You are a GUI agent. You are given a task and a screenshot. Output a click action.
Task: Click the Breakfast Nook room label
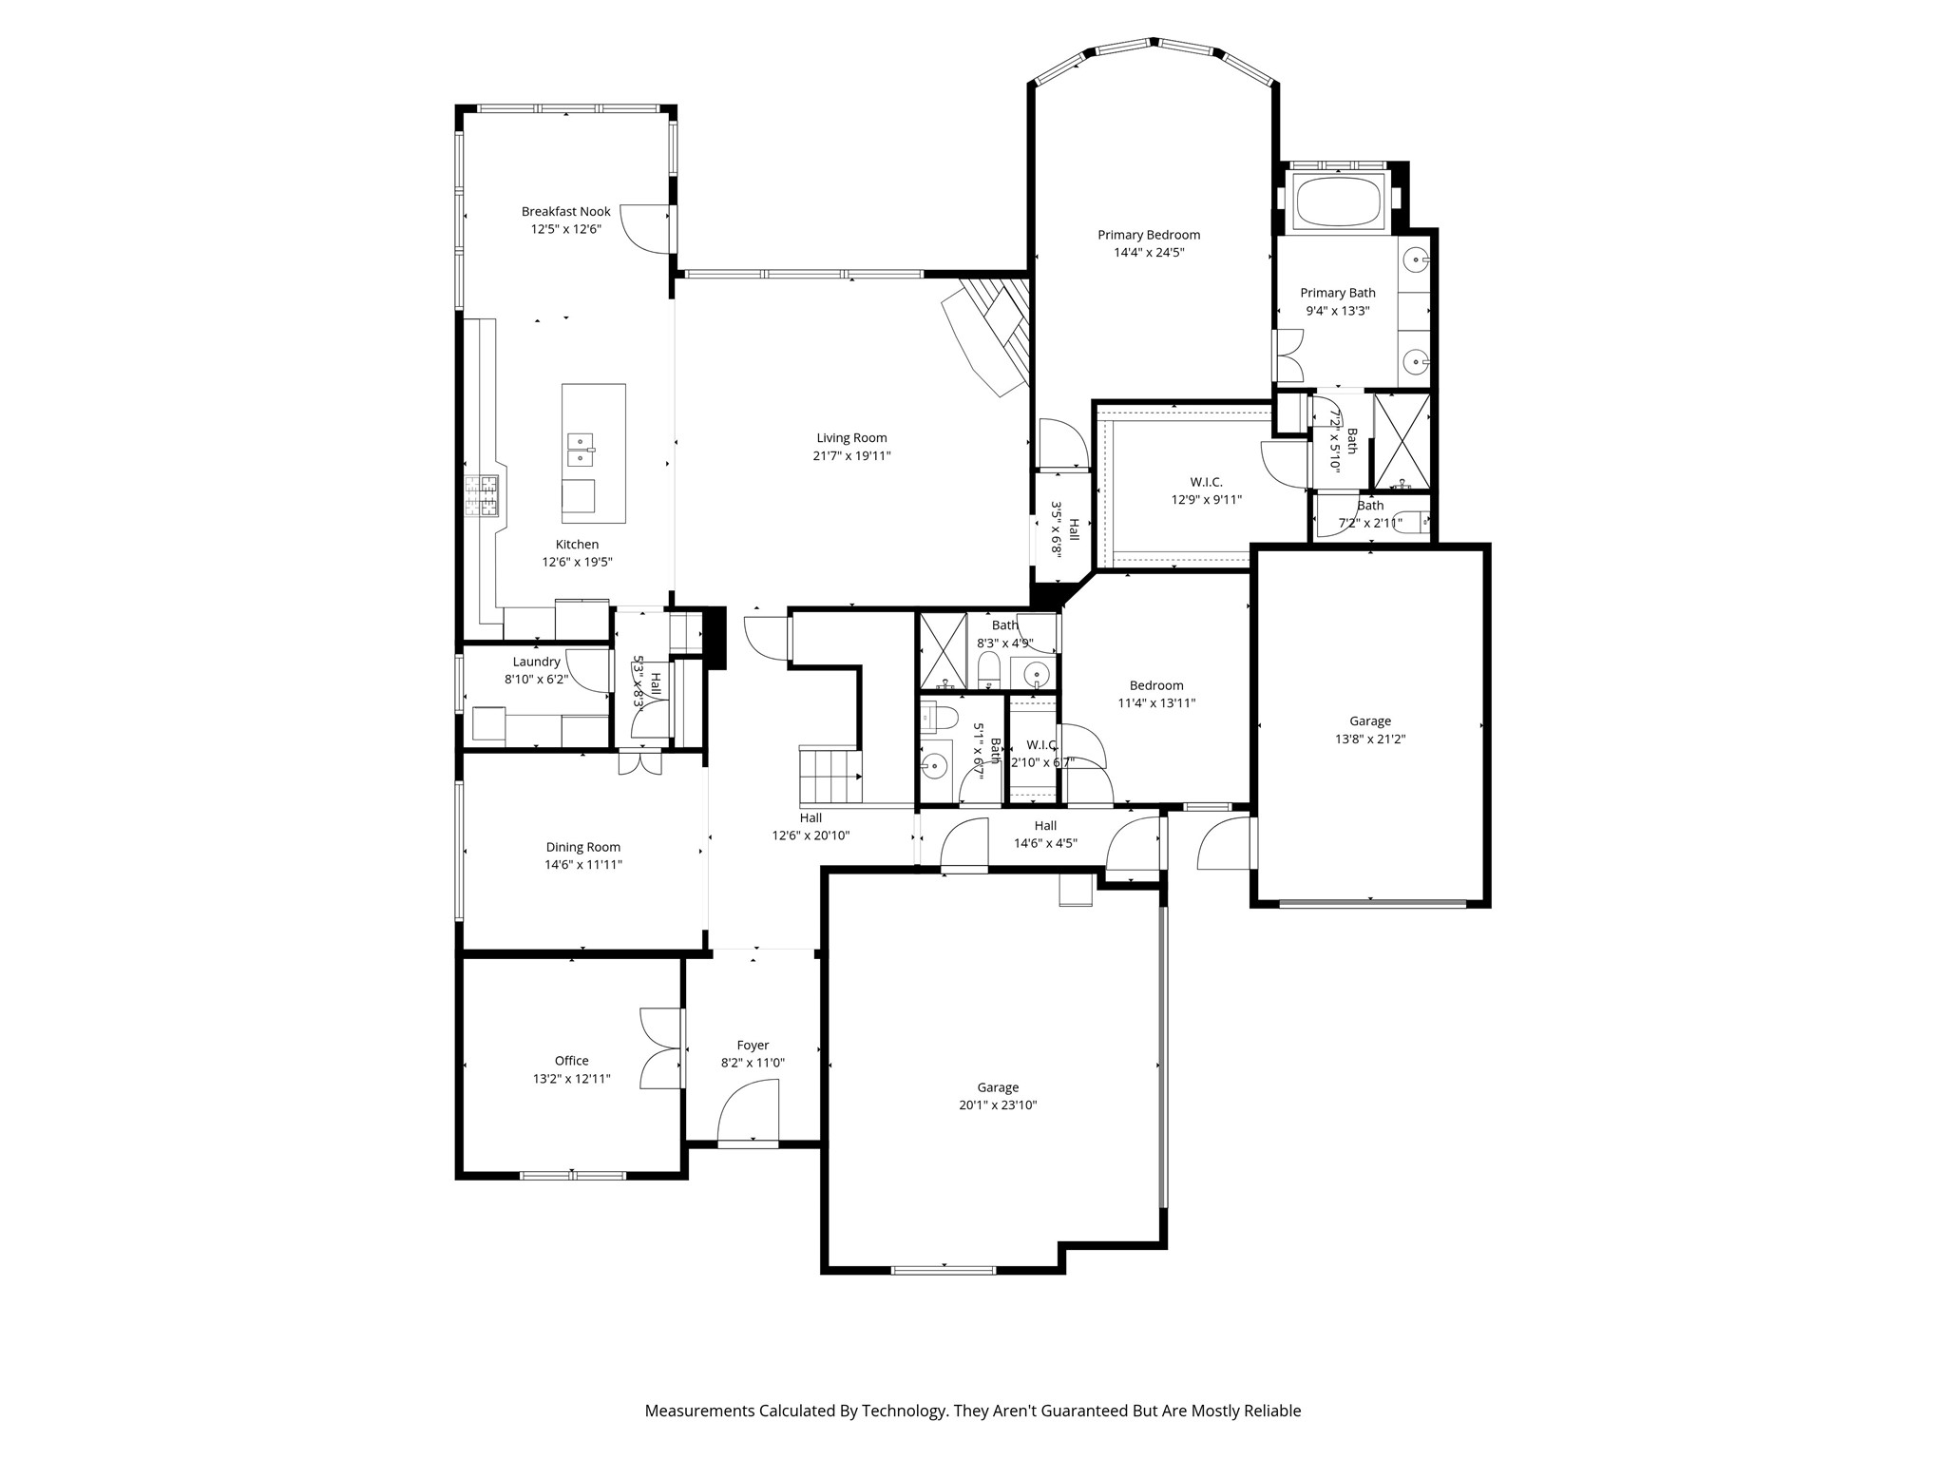(565, 211)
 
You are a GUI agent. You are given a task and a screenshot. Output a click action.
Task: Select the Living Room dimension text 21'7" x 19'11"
(851, 455)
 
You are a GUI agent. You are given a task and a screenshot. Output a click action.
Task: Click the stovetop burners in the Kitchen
(481, 495)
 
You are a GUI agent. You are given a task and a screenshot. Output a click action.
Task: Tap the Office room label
(572, 1061)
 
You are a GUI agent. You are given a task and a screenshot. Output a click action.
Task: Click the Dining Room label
(583, 847)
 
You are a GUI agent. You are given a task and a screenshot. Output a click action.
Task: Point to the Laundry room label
(537, 662)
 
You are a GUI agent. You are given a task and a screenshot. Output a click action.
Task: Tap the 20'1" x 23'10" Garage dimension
(998, 1105)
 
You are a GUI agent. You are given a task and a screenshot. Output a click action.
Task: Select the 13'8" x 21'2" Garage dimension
(1370, 739)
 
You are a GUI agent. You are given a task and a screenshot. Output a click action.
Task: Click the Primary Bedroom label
(1149, 235)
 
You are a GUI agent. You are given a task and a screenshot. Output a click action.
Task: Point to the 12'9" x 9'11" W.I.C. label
(1206, 499)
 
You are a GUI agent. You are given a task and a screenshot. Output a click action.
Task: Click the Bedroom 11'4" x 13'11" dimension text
(1156, 703)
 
